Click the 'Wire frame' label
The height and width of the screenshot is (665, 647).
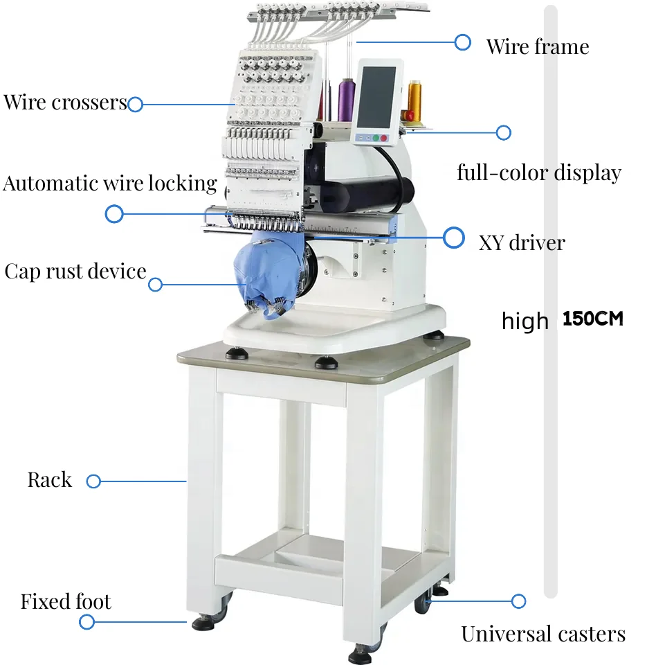[x=537, y=47]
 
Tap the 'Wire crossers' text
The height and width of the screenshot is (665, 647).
[x=65, y=103]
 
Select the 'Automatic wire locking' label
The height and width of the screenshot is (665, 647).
[x=110, y=184]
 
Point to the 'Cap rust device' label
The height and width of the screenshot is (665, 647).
[x=75, y=271]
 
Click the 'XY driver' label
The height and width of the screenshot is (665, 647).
[x=522, y=243]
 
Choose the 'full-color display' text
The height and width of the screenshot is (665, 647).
[x=539, y=172]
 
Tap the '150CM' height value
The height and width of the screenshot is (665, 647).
[x=593, y=319]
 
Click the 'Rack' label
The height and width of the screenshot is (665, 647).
[x=49, y=480]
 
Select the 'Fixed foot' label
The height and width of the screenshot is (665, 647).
[x=66, y=601]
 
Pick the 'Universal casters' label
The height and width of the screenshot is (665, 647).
[x=543, y=634]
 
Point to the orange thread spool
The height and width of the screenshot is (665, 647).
[x=414, y=100]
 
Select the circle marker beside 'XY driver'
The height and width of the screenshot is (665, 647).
[x=454, y=238]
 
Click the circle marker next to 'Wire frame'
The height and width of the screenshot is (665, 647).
[x=463, y=42]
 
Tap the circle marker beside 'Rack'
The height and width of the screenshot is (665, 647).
[x=93, y=481]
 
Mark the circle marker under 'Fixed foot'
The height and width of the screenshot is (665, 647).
[x=86, y=622]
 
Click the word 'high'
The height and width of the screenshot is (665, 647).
[x=525, y=321]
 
